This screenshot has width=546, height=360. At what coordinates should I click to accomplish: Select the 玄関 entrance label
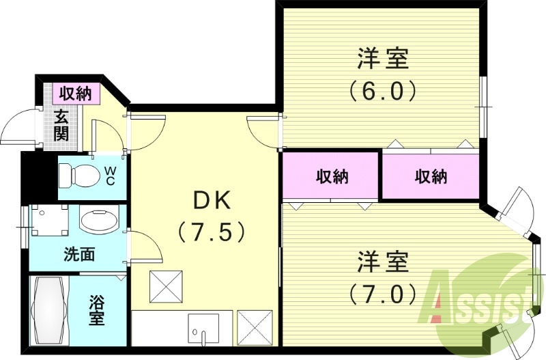pos(62,124)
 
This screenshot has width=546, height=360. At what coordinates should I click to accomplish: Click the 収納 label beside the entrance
pos(75,94)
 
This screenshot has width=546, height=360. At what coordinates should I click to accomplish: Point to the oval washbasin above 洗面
pos(98,220)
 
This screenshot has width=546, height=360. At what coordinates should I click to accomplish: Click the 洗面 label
pos(79,255)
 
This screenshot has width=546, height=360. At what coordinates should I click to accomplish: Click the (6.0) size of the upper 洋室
pos(382,91)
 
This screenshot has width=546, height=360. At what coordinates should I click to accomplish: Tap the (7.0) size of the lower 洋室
pos(382,294)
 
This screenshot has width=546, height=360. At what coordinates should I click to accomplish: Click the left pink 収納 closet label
pos(332,177)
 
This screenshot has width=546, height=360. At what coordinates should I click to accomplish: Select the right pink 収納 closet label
pos(431,177)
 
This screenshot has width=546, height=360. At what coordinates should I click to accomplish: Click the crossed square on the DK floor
pos(167,286)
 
